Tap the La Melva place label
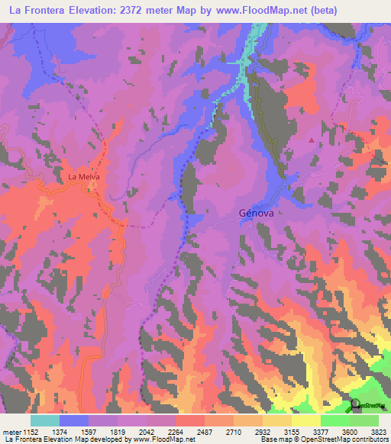[x=84, y=177]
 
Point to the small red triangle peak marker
[x=311, y=140]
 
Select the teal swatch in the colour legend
[x=44, y=420]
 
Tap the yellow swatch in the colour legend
[x=306, y=420]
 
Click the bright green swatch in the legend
[x=335, y=420]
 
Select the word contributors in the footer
[x=370, y=439]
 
